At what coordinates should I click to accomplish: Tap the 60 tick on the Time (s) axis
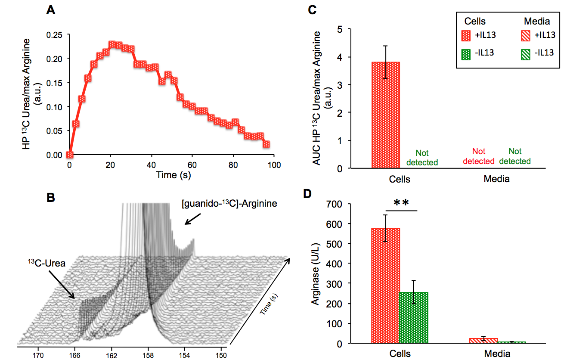coord(192,165)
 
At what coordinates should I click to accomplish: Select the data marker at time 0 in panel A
coord(70,155)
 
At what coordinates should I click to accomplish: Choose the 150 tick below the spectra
coord(222,355)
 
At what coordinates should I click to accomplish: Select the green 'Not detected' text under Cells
coord(422,158)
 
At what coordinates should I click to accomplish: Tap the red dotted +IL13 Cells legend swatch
coord(467,35)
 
